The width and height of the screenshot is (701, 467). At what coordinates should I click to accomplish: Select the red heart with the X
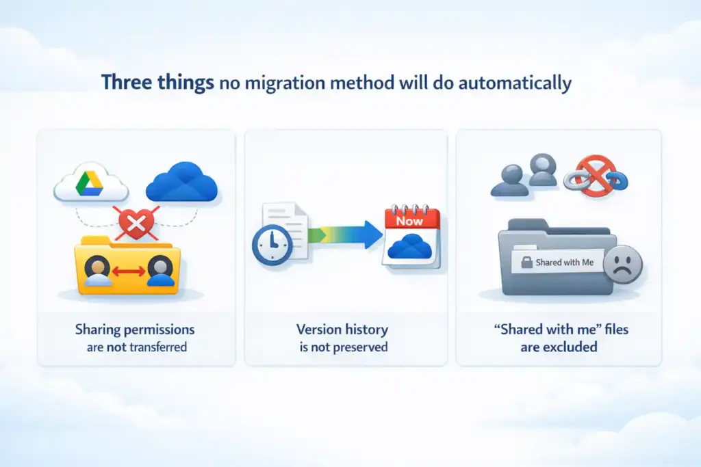click(136, 222)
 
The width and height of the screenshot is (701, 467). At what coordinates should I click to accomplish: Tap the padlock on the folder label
click(527, 263)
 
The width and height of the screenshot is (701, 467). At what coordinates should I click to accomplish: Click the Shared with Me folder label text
click(565, 263)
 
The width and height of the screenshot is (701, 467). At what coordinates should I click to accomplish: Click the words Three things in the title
click(157, 83)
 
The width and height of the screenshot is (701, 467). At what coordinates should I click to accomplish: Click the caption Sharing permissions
click(136, 330)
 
